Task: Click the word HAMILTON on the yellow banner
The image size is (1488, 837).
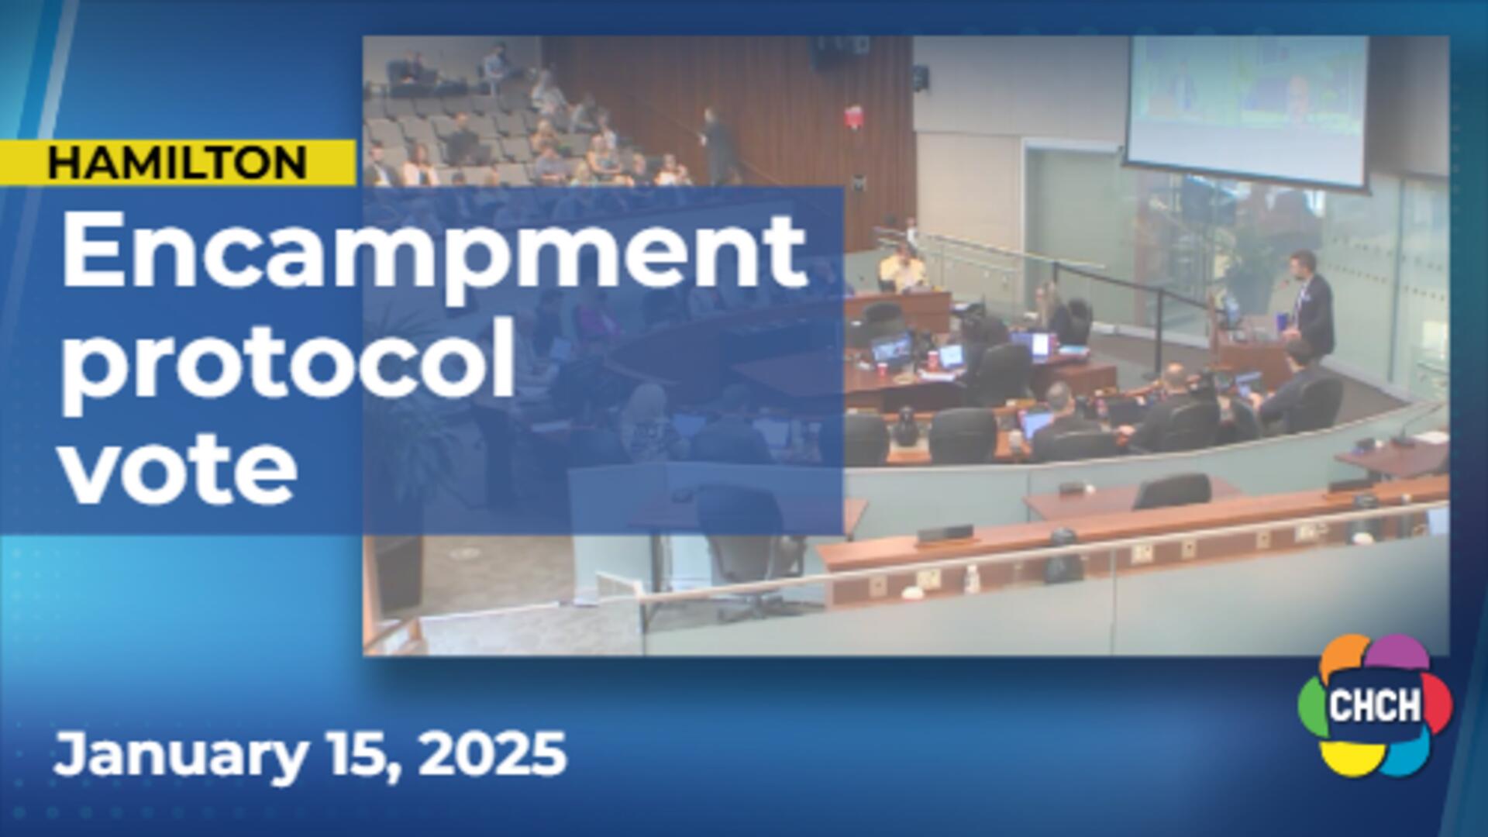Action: click(177, 163)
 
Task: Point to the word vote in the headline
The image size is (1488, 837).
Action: click(179, 469)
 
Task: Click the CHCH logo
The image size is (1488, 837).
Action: click(1375, 705)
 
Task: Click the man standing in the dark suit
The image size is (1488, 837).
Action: click(1312, 305)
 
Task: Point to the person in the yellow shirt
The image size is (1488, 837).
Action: click(902, 268)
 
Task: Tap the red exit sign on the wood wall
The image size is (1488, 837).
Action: click(853, 117)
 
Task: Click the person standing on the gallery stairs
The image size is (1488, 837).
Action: click(718, 145)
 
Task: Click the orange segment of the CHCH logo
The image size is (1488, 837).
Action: click(1345, 656)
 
